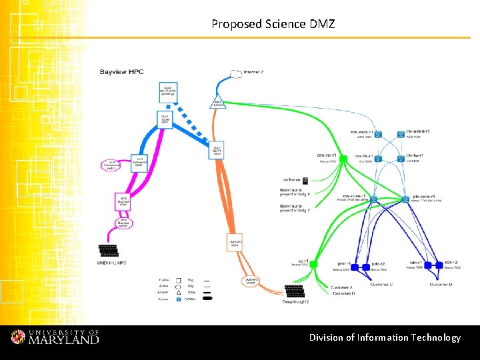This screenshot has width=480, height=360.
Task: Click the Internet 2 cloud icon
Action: pos(235,72)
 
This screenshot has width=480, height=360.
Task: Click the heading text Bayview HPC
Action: pos(122,71)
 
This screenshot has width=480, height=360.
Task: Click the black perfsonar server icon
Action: pos(305,180)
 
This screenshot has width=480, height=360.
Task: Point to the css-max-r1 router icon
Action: pos(377,135)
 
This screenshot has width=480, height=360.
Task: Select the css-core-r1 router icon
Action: pos(374,199)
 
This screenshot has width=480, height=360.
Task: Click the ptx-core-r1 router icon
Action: pos(407,199)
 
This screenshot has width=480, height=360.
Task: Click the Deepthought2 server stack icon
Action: pos(295,292)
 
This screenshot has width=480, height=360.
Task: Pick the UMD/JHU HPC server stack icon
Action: pos(109,251)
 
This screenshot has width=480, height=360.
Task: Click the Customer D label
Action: pos(441,285)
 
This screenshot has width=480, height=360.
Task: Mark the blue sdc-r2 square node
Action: pos(437,265)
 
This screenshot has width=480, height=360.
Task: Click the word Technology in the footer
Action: pos(435,337)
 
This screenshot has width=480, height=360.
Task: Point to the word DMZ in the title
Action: pos(322,24)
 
